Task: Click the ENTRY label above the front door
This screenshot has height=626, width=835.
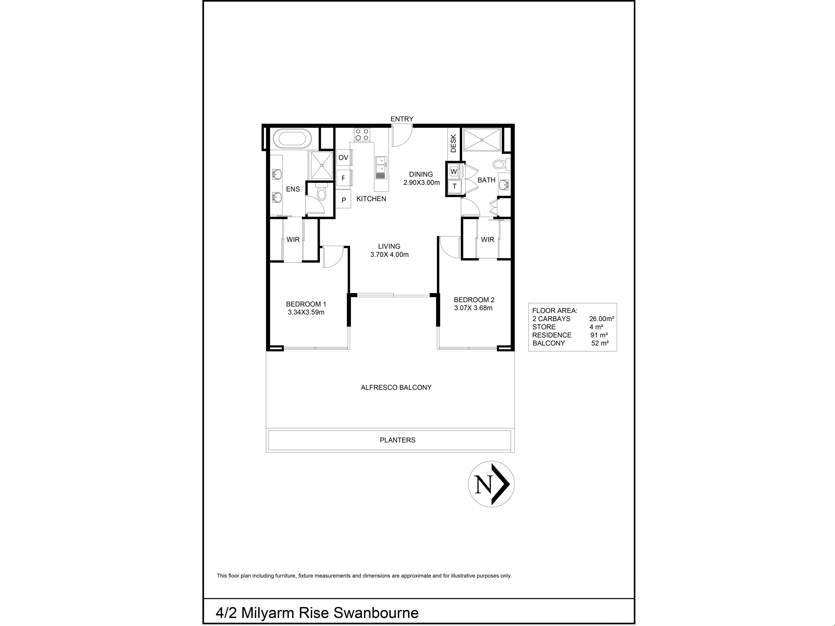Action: (x=402, y=119)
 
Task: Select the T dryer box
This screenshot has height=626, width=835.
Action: (x=454, y=186)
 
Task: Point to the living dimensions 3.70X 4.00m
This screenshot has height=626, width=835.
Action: (x=390, y=255)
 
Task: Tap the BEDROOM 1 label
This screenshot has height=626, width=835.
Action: (x=306, y=304)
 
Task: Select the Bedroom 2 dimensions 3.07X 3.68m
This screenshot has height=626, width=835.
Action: (x=473, y=308)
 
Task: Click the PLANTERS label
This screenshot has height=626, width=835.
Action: (x=397, y=440)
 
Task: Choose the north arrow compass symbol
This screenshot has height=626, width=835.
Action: (x=491, y=484)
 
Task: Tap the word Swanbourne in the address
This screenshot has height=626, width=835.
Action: (x=376, y=613)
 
